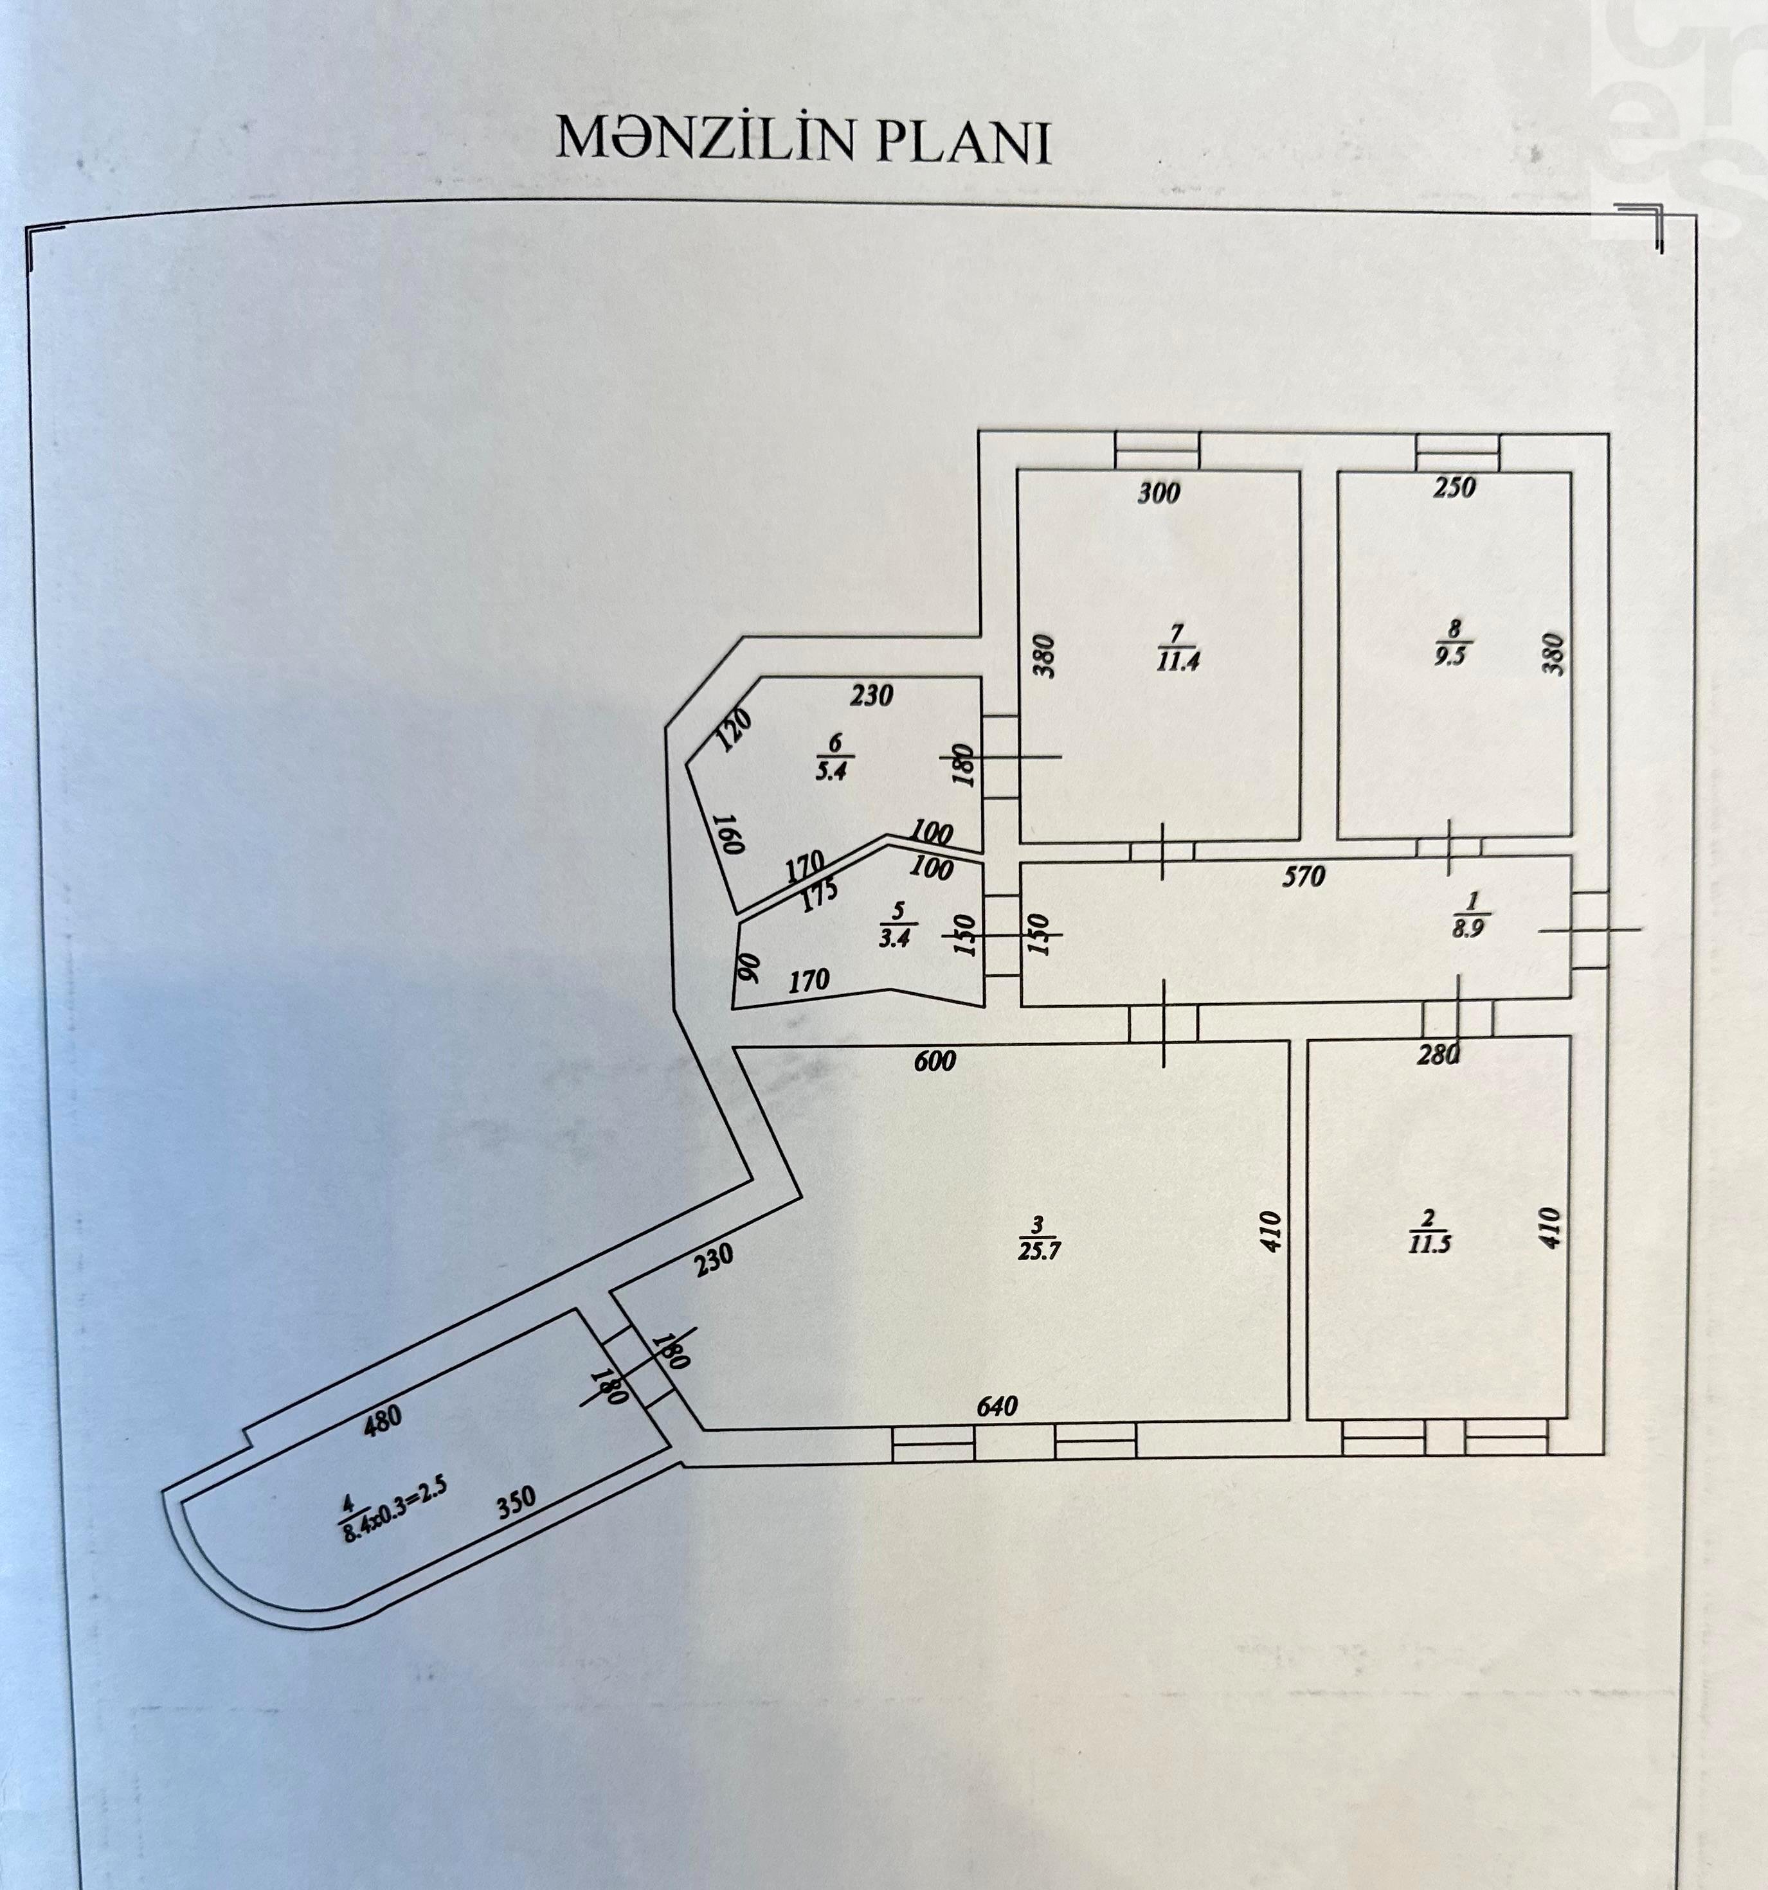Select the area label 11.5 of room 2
tap(1430, 1245)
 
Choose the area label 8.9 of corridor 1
tap(1468, 931)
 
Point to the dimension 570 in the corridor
tap(1304, 877)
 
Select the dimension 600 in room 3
tap(934, 1060)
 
